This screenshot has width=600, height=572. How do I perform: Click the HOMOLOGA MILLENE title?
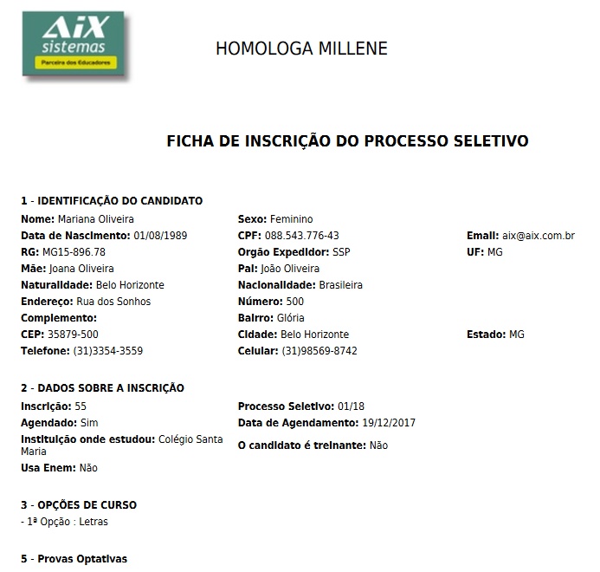click(301, 49)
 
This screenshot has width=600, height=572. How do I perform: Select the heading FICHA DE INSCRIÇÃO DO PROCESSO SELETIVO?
click(347, 141)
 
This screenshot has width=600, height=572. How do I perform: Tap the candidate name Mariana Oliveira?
click(95, 219)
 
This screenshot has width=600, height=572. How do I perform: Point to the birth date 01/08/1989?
click(160, 236)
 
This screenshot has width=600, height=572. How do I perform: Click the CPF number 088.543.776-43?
click(302, 236)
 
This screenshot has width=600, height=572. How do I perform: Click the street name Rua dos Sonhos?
click(113, 302)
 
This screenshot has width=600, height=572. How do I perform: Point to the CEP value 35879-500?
click(73, 335)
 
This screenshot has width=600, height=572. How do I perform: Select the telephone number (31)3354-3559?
click(108, 351)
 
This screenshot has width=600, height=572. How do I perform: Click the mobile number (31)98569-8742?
click(319, 351)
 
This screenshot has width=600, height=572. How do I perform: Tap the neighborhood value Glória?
click(292, 318)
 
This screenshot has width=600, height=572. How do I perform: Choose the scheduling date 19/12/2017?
click(389, 423)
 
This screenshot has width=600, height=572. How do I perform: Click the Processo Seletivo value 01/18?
click(352, 406)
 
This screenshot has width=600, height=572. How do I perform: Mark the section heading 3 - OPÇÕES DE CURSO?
click(79, 505)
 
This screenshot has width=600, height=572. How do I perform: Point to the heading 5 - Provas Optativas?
click(74, 559)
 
